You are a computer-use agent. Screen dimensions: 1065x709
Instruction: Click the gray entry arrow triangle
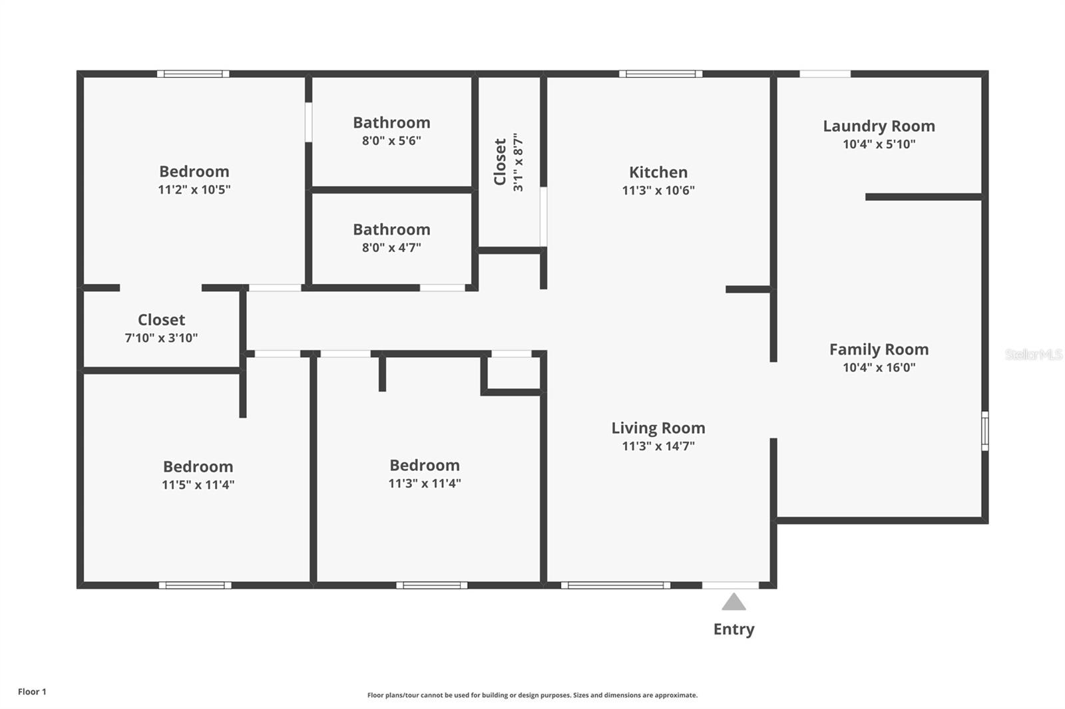click(x=734, y=602)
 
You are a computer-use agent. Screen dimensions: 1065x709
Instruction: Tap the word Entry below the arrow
click(x=734, y=630)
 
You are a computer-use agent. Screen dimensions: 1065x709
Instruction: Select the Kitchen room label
click(x=658, y=172)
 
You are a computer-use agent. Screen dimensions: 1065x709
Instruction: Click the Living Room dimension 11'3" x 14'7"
click(x=658, y=446)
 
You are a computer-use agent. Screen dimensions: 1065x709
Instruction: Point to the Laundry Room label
click(x=879, y=126)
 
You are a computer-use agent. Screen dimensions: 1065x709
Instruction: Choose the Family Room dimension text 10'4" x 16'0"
click(x=879, y=367)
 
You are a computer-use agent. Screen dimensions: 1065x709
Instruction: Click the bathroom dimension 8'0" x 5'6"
click(x=391, y=140)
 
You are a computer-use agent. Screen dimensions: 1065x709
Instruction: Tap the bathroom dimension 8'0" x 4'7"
click(x=391, y=247)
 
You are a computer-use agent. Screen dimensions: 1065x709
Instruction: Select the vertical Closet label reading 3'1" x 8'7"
click(x=509, y=162)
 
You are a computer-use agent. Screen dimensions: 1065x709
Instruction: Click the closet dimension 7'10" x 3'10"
click(x=161, y=338)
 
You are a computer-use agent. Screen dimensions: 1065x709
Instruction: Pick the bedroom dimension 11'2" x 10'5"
click(x=194, y=190)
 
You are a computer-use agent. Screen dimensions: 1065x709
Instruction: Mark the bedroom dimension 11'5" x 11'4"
click(x=198, y=485)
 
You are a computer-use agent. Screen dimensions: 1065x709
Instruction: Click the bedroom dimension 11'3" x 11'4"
click(x=425, y=484)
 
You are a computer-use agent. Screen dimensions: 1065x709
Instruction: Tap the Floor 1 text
click(x=33, y=692)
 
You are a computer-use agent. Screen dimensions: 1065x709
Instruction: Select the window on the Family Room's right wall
click(x=985, y=431)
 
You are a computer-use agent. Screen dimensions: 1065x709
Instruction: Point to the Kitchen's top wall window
click(x=661, y=74)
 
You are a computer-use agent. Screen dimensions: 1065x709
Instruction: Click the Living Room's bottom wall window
click(x=616, y=585)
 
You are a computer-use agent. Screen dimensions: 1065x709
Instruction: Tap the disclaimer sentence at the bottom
click(x=532, y=695)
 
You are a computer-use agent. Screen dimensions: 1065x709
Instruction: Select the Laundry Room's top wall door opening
click(x=825, y=74)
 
